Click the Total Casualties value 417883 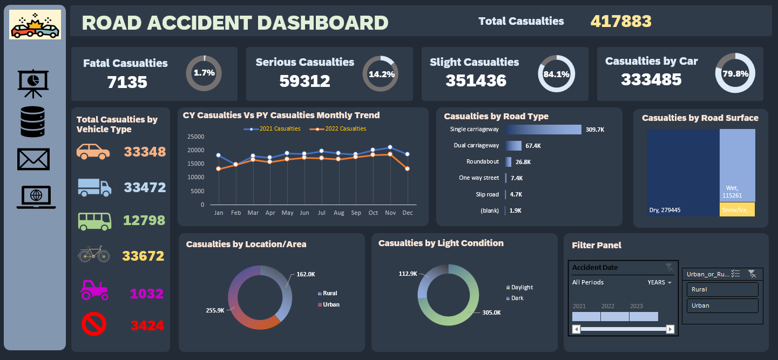(x=621, y=21)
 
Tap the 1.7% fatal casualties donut (x=204, y=73)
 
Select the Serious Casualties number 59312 (x=305, y=81)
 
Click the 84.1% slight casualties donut (x=557, y=74)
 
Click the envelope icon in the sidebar (x=33, y=159)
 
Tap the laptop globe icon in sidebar (x=36, y=197)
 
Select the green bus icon (x=95, y=221)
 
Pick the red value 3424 (x=147, y=326)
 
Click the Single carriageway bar (x=543, y=130)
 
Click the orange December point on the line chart (x=408, y=169)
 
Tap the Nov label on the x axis (x=390, y=213)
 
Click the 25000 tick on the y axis (x=195, y=136)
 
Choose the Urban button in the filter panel (x=722, y=306)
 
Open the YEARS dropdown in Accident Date (x=660, y=282)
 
